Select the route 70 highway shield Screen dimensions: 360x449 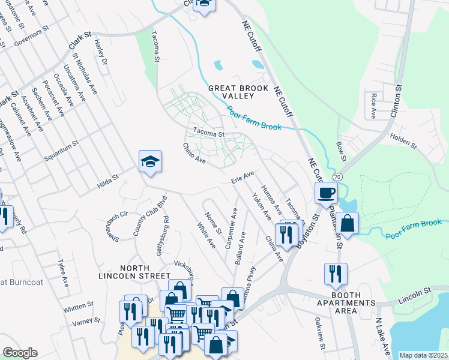point(337,177)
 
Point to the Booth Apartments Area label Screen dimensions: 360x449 point(346,307)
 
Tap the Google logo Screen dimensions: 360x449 point(20,353)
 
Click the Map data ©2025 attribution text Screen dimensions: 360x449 point(423,355)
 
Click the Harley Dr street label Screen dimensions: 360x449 point(100,52)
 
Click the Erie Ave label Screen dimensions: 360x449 point(243,178)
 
